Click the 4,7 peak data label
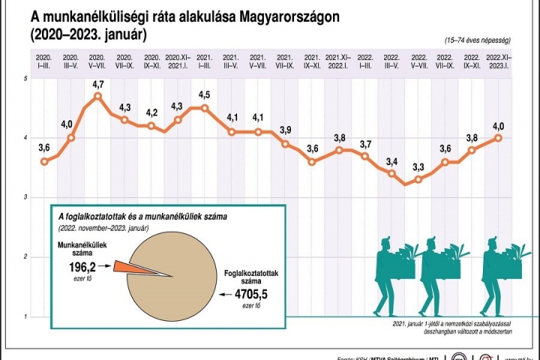(x=97, y=85)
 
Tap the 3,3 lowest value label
(x=418, y=167)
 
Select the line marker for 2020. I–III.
(x=44, y=161)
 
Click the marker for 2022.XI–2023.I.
(x=499, y=138)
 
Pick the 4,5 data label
(x=205, y=94)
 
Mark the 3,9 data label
(x=285, y=130)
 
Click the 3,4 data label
(x=392, y=161)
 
